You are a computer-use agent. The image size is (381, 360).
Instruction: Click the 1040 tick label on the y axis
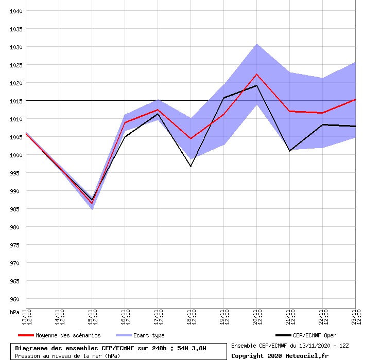(16, 11)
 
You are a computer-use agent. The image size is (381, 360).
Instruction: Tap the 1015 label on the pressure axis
(16, 101)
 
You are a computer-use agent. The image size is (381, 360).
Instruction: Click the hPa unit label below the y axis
(15, 312)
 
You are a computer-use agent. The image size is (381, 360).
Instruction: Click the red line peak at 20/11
(256, 74)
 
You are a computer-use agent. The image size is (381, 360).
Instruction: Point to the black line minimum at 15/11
(92, 200)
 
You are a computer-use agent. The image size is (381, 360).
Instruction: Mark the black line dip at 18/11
(190, 166)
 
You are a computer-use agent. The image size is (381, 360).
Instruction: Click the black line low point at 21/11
(289, 151)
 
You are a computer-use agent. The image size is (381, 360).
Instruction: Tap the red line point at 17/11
(158, 110)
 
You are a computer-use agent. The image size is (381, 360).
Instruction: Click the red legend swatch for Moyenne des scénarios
(22, 335)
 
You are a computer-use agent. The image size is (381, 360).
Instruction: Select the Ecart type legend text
(149, 335)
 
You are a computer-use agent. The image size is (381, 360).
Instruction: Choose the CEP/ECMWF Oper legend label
(314, 335)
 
